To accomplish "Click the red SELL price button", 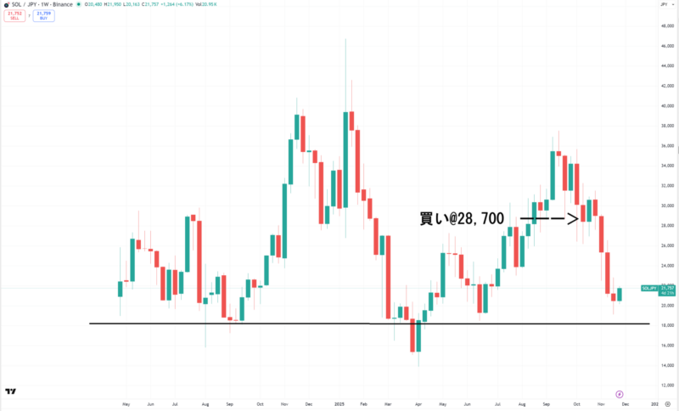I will pyautogui.click(x=14, y=15).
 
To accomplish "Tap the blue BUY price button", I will pyautogui.click(x=43, y=15).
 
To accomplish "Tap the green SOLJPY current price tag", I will pyautogui.click(x=650, y=290).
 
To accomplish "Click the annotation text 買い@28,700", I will pyautogui.click(x=462, y=219).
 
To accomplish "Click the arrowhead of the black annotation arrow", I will pyautogui.click(x=575, y=219).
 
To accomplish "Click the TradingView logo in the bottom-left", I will pyautogui.click(x=10, y=391).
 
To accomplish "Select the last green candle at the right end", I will pyautogui.click(x=619, y=294).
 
